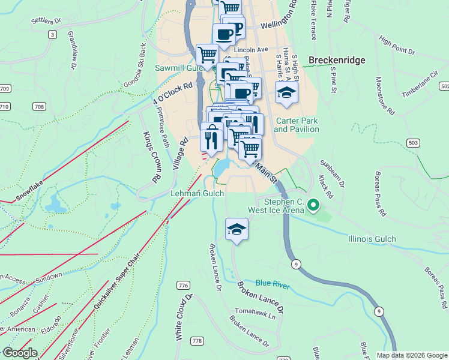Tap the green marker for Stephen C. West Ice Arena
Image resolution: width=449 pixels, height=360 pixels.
(313, 206)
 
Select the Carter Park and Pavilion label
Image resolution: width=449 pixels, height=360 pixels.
(297, 124)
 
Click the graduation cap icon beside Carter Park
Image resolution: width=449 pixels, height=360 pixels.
(286, 92)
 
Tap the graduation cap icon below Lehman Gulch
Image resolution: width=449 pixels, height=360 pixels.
(237, 229)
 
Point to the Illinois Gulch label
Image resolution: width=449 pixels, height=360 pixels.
(372, 239)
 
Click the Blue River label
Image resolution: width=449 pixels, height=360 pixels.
(272, 283)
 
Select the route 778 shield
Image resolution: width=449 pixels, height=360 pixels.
(197, 341)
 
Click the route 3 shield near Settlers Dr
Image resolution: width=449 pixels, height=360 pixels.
(53, 35)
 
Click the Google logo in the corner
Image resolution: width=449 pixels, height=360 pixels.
(19, 352)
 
